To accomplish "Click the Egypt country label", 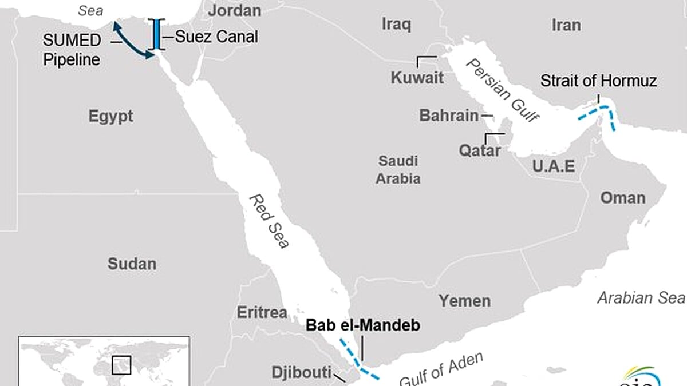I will pyautogui.click(x=110, y=116).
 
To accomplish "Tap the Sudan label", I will pyautogui.click(x=132, y=264).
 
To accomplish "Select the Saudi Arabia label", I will pyautogui.click(x=398, y=170).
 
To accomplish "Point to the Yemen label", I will pyautogui.click(x=464, y=301).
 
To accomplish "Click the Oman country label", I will pyautogui.click(x=622, y=198).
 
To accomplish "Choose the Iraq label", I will pyautogui.click(x=396, y=24).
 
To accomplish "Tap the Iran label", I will pyautogui.click(x=566, y=25).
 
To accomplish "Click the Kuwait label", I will pyautogui.click(x=417, y=78).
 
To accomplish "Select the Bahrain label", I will pyautogui.click(x=449, y=116).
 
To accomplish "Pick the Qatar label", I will pyautogui.click(x=480, y=151).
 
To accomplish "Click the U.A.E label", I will pyautogui.click(x=553, y=166).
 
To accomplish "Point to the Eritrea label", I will pyautogui.click(x=262, y=312).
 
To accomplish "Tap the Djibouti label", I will pyautogui.click(x=301, y=373).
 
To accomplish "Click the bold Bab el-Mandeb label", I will pyautogui.click(x=363, y=325).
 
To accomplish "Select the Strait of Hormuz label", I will pyautogui.click(x=598, y=81).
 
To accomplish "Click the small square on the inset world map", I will pyautogui.click(x=121, y=365).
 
